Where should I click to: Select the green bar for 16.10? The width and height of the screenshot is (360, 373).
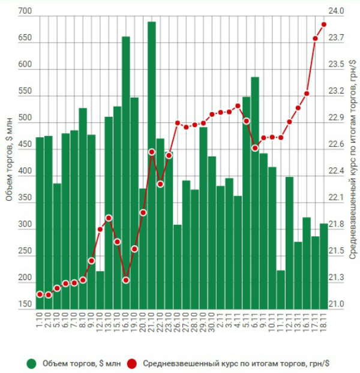[x=126, y=174]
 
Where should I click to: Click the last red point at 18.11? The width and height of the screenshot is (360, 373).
[x=324, y=25]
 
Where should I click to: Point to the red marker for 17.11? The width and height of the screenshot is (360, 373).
[x=316, y=38]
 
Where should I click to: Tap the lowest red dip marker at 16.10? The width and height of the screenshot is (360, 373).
[x=126, y=280]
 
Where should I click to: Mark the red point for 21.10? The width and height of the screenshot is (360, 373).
[x=152, y=152]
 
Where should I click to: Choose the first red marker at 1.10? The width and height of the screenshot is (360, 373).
[x=40, y=294]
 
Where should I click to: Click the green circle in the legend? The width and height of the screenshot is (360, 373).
[x=31, y=363]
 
